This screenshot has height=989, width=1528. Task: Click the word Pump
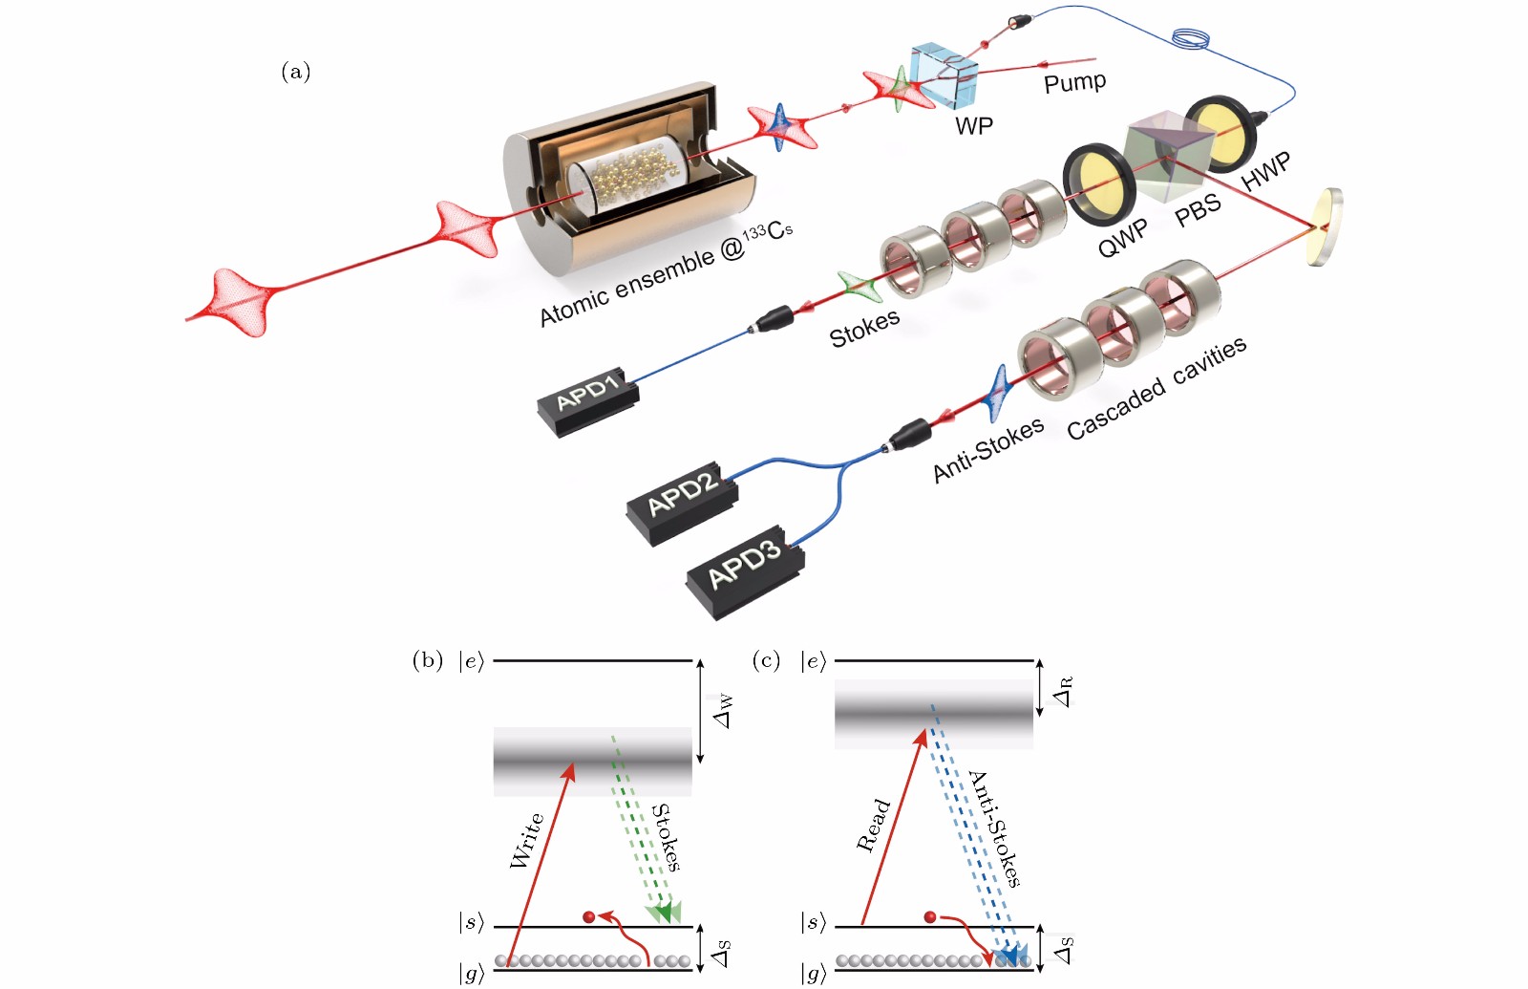pos(1074,82)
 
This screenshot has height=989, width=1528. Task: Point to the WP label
pos(974,125)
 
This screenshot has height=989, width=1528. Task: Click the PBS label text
pos(1198,209)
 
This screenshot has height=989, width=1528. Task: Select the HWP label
pos(1266,171)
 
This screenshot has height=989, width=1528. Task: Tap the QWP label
pos(1122,238)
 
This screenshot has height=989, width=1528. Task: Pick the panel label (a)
pos(295,72)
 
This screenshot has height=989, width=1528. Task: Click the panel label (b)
pos(427,660)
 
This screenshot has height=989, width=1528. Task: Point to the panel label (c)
pos(766,660)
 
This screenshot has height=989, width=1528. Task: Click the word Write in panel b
pos(526,840)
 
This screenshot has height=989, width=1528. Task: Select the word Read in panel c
pos(873,825)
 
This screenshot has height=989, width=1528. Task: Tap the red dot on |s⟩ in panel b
pos(588,917)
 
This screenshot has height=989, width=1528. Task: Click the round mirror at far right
pos(1326,226)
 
